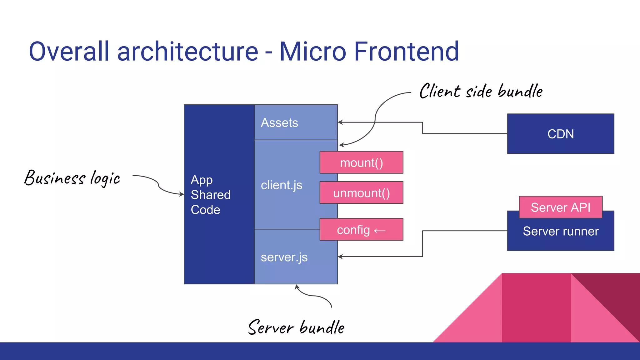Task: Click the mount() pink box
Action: (361, 162)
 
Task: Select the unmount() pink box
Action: (361, 193)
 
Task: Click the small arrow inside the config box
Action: (380, 231)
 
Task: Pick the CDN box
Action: (561, 134)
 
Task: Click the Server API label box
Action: (561, 207)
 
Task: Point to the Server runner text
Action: (561, 232)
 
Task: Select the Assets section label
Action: (279, 123)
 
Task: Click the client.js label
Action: (281, 185)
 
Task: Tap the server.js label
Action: (284, 257)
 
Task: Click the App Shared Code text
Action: (210, 195)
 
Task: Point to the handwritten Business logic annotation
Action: (72, 178)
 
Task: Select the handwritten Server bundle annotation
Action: (296, 327)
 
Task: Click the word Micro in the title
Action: (312, 52)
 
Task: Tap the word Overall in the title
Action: (69, 52)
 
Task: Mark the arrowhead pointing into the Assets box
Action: (340, 122)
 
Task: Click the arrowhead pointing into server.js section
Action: (340, 257)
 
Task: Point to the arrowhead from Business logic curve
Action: (182, 194)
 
